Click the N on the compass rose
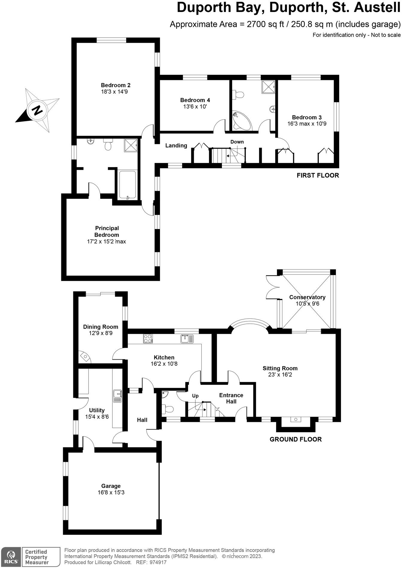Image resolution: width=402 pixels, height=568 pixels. (x=37, y=110)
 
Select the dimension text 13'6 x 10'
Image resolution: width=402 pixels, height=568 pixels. (x=195, y=106)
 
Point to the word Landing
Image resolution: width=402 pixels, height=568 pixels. (x=176, y=146)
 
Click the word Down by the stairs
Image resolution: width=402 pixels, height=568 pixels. (x=237, y=142)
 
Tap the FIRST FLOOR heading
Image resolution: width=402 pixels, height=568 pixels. (x=318, y=175)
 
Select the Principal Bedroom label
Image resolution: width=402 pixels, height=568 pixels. (x=107, y=231)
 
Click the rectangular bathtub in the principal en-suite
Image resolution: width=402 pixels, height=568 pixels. (x=127, y=185)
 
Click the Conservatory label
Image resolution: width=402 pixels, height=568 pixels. (x=307, y=297)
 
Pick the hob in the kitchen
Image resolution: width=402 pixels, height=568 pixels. (x=148, y=338)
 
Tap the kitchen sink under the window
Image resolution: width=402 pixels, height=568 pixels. (x=187, y=339)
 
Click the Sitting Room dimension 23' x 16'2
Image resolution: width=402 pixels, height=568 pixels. (x=280, y=375)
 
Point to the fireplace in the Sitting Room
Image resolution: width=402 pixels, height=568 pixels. (x=296, y=420)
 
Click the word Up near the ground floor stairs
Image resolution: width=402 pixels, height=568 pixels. (x=195, y=396)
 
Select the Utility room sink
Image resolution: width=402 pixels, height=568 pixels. (x=117, y=396)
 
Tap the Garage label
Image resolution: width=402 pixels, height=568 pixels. (x=111, y=486)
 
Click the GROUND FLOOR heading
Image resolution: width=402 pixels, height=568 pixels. (x=296, y=439)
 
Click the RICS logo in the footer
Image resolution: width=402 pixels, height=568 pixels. (x=11, y=557)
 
